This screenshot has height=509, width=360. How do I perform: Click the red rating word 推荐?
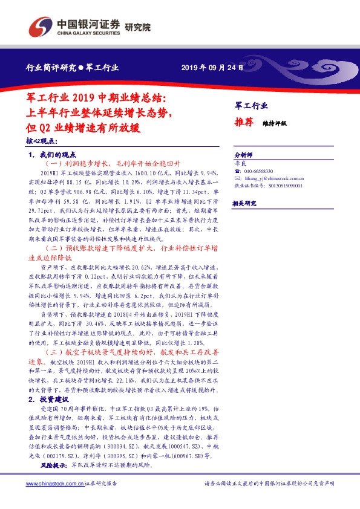click(x=244, y=122)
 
